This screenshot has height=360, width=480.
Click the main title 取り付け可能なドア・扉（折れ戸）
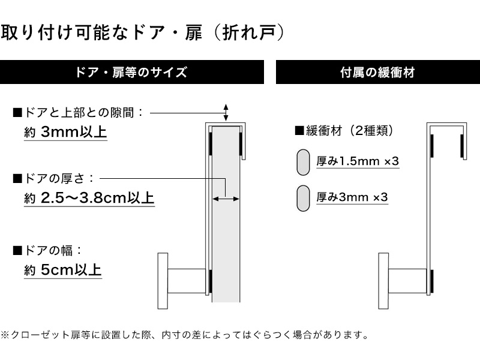coord(143,32)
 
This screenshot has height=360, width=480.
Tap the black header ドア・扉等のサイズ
coord(131,72)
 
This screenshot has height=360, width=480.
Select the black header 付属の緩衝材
coord(378,72)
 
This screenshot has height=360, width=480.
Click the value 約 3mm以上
coord(65,132)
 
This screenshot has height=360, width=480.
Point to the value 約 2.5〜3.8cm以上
coord(89,198)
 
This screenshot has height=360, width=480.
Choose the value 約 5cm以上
coord(63,269)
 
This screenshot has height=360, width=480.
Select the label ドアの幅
coord(47,250)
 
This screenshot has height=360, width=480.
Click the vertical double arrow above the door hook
coord(226,112)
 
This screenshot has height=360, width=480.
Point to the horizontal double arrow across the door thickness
coord(226,199)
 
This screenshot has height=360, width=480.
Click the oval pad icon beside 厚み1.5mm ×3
coord(303,162)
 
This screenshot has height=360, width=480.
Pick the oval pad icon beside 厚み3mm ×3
coord(303,199)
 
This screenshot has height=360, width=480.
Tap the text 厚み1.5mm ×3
coord(358,161)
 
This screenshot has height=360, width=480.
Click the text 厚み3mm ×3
coord(352,197)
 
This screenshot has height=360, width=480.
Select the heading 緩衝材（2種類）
coord(344,131)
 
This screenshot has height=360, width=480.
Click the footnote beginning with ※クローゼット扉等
coord(185,335)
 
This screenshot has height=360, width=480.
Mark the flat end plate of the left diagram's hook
coord(163,281)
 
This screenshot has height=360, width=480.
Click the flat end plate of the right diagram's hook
coord(383,281)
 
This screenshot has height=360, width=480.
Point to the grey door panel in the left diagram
coord(226,214)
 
